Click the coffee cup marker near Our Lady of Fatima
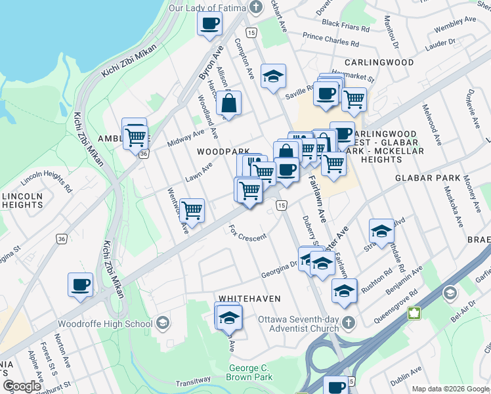click(x=210, y=24)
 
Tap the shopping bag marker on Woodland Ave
click(x=229, y=103)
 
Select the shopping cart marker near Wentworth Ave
click(x=192, y=211)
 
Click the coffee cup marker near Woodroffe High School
click(x=81, y=285)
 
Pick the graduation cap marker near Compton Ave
click(x=273, y=77)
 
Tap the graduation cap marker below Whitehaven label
click(x=229, y=318)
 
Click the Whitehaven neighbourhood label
click(x=245, y=298)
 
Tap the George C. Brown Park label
click(x=249, y=373)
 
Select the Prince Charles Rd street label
click(x=331, y=40)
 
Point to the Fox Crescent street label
click(x=247, y=233)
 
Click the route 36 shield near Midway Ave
click(x=144, y=153)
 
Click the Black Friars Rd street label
click(x=340, y=24)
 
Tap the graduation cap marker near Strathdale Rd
click(x=381, y=231)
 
